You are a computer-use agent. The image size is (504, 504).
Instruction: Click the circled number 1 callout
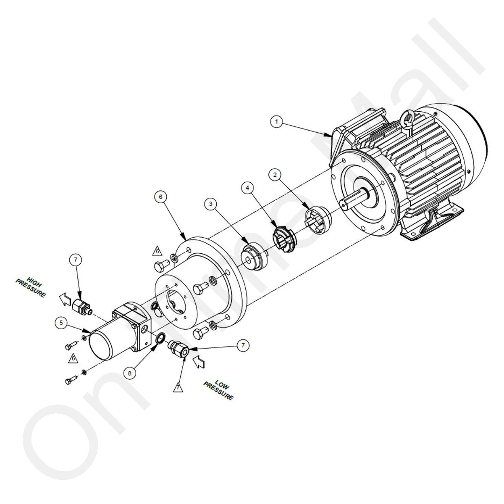click(277, 122)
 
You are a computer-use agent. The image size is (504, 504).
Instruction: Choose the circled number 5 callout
click(61, 323)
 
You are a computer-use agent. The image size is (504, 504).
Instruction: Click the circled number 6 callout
click(160, 197)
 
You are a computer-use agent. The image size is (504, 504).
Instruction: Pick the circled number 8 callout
click(130, 373)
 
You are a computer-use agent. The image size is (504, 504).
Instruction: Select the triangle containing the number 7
click(178, 387)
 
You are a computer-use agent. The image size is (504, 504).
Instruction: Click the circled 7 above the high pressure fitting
click(76, 260)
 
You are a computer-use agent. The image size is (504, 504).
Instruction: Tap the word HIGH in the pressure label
click(34, 281)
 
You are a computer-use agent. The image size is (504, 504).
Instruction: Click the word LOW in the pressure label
click(222, 384)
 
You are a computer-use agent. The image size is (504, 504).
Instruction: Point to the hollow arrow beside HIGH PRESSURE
click(65, 299)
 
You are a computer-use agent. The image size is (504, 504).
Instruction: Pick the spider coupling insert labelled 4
click(284, 239)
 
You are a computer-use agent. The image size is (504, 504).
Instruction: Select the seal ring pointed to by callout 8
click(160, 339)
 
